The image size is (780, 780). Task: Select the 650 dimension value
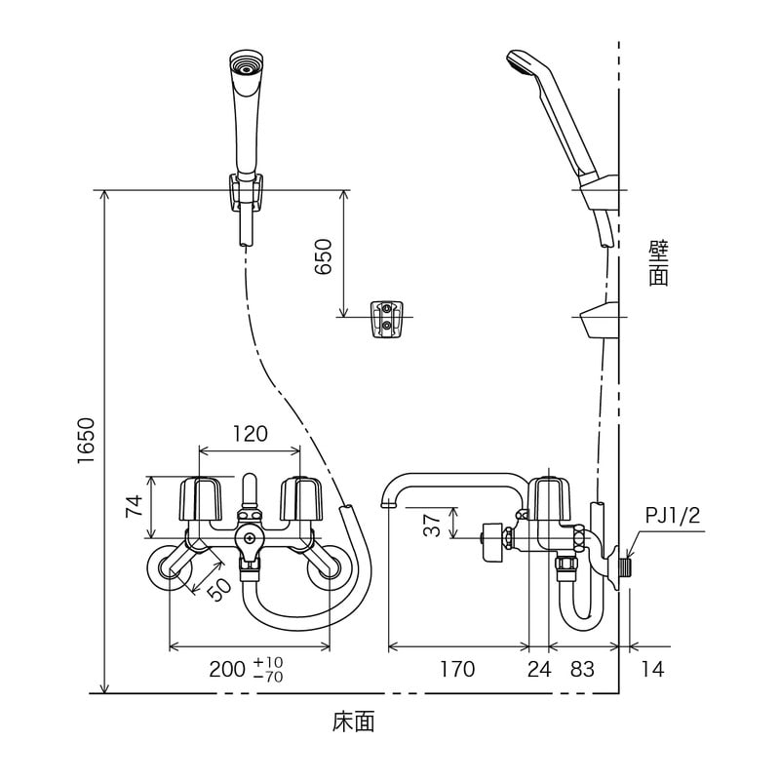tap(325, 257)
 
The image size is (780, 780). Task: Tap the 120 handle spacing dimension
tap(250, 434)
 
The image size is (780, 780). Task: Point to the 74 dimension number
tap(134, 505)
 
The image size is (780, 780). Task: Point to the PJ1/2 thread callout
tap(673, 516)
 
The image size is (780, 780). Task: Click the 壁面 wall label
tap(658, 263)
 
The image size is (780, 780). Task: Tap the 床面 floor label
tap(353, 722)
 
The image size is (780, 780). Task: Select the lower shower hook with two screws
tap(388, 320)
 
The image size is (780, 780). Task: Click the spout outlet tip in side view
tap(387, 504)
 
